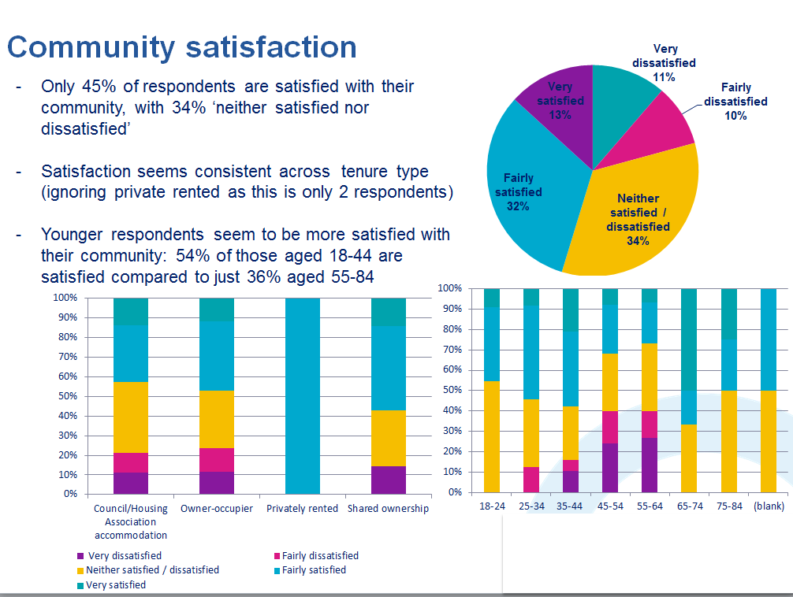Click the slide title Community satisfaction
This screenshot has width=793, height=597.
tap(182, 46)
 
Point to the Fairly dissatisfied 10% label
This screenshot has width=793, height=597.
tap(735, 102)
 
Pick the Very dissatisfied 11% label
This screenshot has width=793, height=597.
tap(664, 63)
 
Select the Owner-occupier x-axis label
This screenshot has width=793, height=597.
tap(217, 509)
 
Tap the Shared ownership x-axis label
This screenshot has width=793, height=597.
tap(388, 509)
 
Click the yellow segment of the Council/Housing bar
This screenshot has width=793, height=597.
tap(131, 417)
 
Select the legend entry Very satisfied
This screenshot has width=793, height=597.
tap(115, 584)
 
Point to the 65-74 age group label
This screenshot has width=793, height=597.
tap(690, 506)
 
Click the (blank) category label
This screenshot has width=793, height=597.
tap(769, 506)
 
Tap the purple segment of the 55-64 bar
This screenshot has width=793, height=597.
tap(650, 465)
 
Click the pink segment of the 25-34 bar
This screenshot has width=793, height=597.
tap(531, 479)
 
